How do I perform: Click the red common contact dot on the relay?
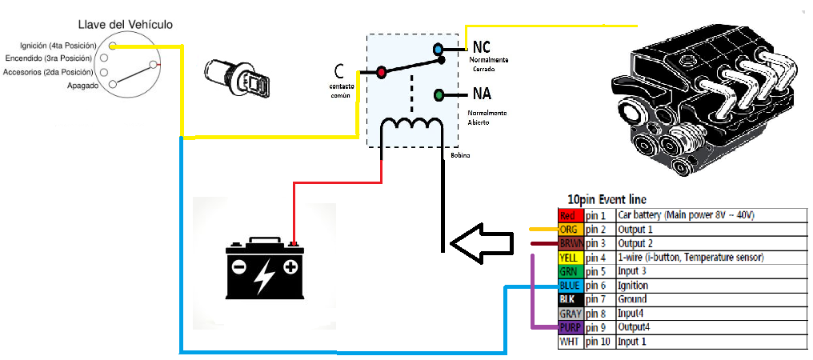pyautogui.click(x=382, y=72)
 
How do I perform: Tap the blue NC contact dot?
pyautogui.click(x=439, y=50)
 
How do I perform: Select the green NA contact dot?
pyautogui.click(x=439, y=95)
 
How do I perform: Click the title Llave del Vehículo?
pyautogui.click(x=125, y=25)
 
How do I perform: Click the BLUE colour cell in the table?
pyautogui.click(x=570, y=286)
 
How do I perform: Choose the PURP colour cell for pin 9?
pyautogui.click(x=570, y=327)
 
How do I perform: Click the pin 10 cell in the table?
pyautogui.click(x=599, y=342)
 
